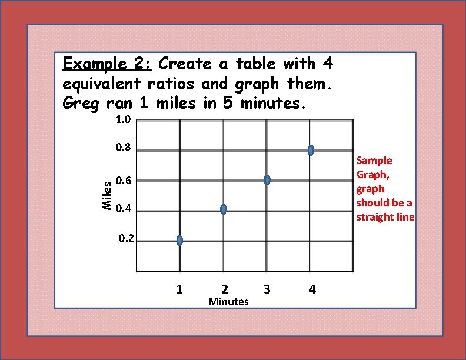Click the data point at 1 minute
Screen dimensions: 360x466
point(179,240)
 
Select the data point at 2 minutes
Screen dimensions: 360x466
point(223,209)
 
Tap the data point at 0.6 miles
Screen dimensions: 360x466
point(267,180)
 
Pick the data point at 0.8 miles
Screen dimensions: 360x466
point(311,150)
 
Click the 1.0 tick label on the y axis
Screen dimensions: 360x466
point(124,120)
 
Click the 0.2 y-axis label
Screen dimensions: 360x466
point(126,239)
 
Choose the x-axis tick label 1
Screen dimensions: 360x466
point(179,289)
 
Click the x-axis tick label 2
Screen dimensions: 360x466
point(224,289)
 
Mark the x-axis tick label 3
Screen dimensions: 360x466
point(267,289)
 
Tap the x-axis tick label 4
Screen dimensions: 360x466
point(312,289)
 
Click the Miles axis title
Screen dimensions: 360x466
point(106,195)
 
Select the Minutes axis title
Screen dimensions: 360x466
point(229,302)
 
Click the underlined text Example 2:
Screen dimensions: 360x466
point(108,64)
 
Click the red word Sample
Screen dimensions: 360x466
point(374,161)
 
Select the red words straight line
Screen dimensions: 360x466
point(385,217)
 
